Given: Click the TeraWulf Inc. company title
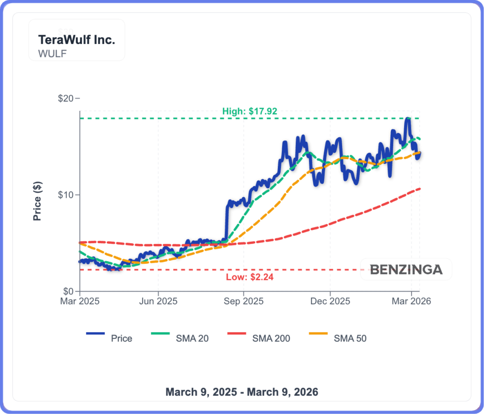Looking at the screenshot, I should point(77,40).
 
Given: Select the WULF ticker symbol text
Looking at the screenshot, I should point(52,53).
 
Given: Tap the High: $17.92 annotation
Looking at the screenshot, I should point(250,111).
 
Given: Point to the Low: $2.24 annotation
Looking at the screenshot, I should point(250,277).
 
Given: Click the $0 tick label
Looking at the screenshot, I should point(68,291).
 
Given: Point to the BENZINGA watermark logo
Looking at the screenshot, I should point(406,270).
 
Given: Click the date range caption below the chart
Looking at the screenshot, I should point(242,392).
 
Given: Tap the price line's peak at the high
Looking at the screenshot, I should point(407,119).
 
